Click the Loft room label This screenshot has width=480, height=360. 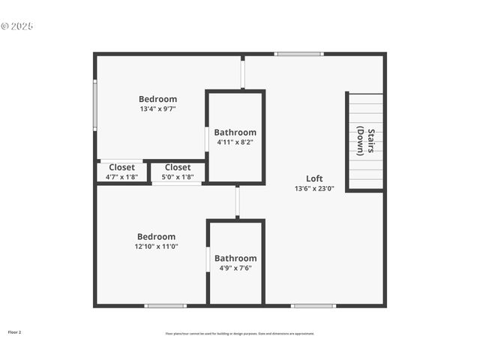coord(314,178)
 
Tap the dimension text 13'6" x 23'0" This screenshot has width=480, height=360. coord(314,189)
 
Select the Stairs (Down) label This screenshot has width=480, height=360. coord(365,140)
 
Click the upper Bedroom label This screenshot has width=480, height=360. coord(157,99)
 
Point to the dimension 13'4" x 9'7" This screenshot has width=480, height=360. coord(157,109)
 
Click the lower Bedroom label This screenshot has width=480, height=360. coord(156,236)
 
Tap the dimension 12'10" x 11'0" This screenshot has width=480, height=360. coord(156,246)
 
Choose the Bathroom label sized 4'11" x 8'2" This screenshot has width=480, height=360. coord(235,133)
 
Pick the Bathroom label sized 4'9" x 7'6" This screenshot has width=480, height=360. coord(235,258)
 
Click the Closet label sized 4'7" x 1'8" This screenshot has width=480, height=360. coord(121,167)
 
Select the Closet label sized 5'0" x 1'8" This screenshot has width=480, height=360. coord(178,167)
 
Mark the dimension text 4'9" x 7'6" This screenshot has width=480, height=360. coord(235,268)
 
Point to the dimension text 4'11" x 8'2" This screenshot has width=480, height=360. coord(235,142)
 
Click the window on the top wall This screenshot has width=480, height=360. coord(298,54)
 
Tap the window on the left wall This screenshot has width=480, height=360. coord(94,106)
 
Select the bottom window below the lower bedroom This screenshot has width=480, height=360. coord(166,305)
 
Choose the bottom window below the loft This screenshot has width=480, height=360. coord(313,305)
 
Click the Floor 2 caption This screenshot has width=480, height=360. coord(14,331)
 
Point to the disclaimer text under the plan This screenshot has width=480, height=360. coord(240,334)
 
